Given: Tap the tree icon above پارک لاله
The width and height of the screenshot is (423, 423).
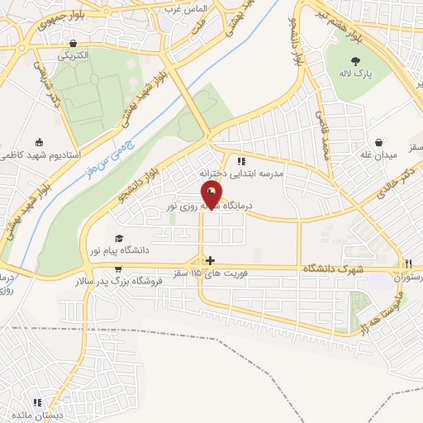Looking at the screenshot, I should click(x=356, y=60).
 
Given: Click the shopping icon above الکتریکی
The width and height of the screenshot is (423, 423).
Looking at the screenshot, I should click(x=75, y=44).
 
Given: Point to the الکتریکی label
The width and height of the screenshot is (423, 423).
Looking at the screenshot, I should click(x=75, y=56).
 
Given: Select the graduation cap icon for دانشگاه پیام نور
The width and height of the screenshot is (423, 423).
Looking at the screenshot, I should click(x=121, y=236).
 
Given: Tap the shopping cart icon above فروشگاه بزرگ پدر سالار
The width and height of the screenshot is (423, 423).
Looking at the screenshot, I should click(x=121, y=269).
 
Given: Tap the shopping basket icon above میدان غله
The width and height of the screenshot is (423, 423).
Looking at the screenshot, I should click(x=378, y=142).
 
